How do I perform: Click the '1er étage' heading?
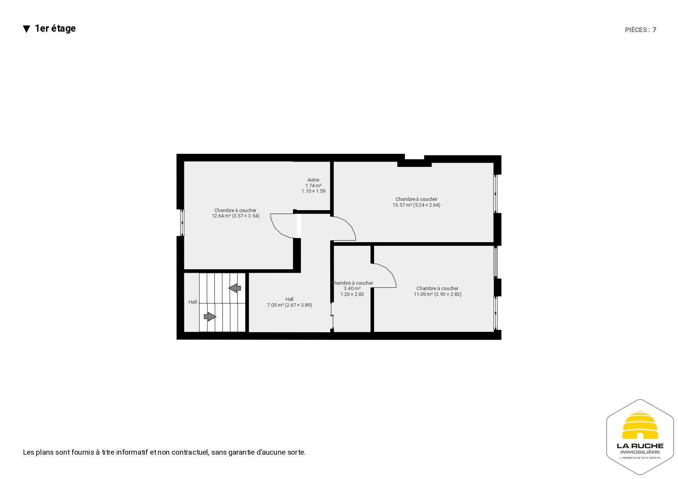[x=55, y=29]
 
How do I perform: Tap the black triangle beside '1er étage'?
[x=27, y=29]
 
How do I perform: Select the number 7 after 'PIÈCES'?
[x=654, y=30]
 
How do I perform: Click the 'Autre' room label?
[x=313, y=180]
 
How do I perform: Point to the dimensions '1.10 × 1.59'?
[x=313, y=191]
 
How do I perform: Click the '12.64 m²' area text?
[x=221, y=216]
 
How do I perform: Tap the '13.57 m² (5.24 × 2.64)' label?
[x=416, y=205]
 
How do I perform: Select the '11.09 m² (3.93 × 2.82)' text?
[x=438, y=294]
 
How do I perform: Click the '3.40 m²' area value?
[x=352, y=289]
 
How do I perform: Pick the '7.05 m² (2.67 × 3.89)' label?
[x=289, y=305]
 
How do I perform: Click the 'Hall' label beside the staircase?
[x=193, y=302]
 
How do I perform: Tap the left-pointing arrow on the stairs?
[x=235, y=288]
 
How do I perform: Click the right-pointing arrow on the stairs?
[x=210, y=317]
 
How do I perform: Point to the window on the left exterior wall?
[x=182, y=223]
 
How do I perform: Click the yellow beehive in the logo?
[x=640, y=425]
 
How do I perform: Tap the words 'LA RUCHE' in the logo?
[x=640, y=446]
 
